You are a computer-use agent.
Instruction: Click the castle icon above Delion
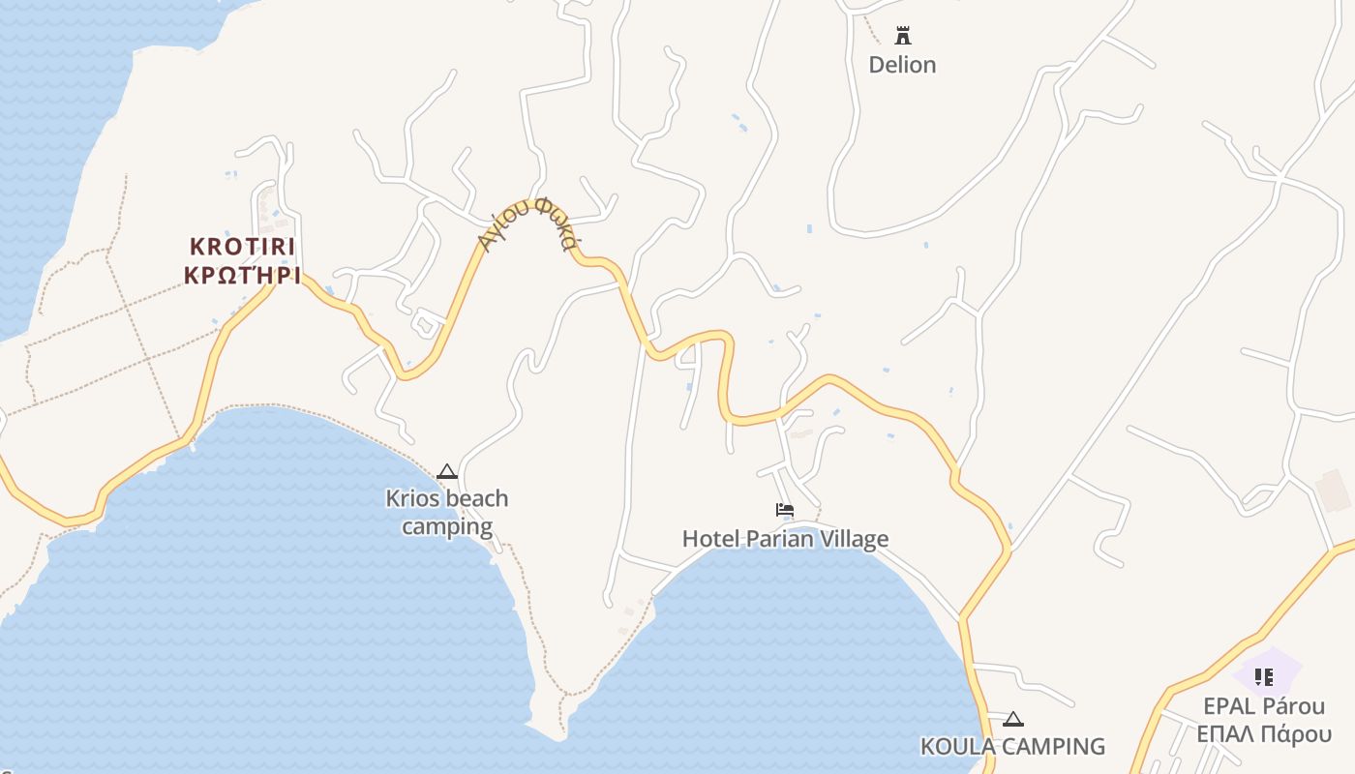coord(903,36)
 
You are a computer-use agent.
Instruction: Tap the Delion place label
coord(902,65)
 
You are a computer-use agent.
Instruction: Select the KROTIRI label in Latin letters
coord(243,246)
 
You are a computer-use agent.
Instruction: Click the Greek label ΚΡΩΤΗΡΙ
coord(243,275)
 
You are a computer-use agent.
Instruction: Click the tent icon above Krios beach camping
coord(446,472)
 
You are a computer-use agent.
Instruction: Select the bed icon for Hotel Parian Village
coord(785,510)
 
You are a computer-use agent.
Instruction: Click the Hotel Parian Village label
coord(785,539)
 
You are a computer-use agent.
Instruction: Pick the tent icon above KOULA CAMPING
coord(1013,719)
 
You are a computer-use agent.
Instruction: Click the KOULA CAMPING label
coord(1012,747)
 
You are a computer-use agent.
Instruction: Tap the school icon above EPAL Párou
coord(1263,677)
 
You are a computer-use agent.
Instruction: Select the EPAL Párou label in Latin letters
coord(1264,705)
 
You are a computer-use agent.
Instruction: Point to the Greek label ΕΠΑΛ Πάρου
coord(1264,734)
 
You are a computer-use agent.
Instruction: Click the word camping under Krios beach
coord(447,527)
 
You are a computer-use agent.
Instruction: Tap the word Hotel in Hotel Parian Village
coord(709,539)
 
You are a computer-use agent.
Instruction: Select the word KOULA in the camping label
coord(958,747)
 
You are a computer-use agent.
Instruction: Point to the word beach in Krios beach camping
coord(475,499)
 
